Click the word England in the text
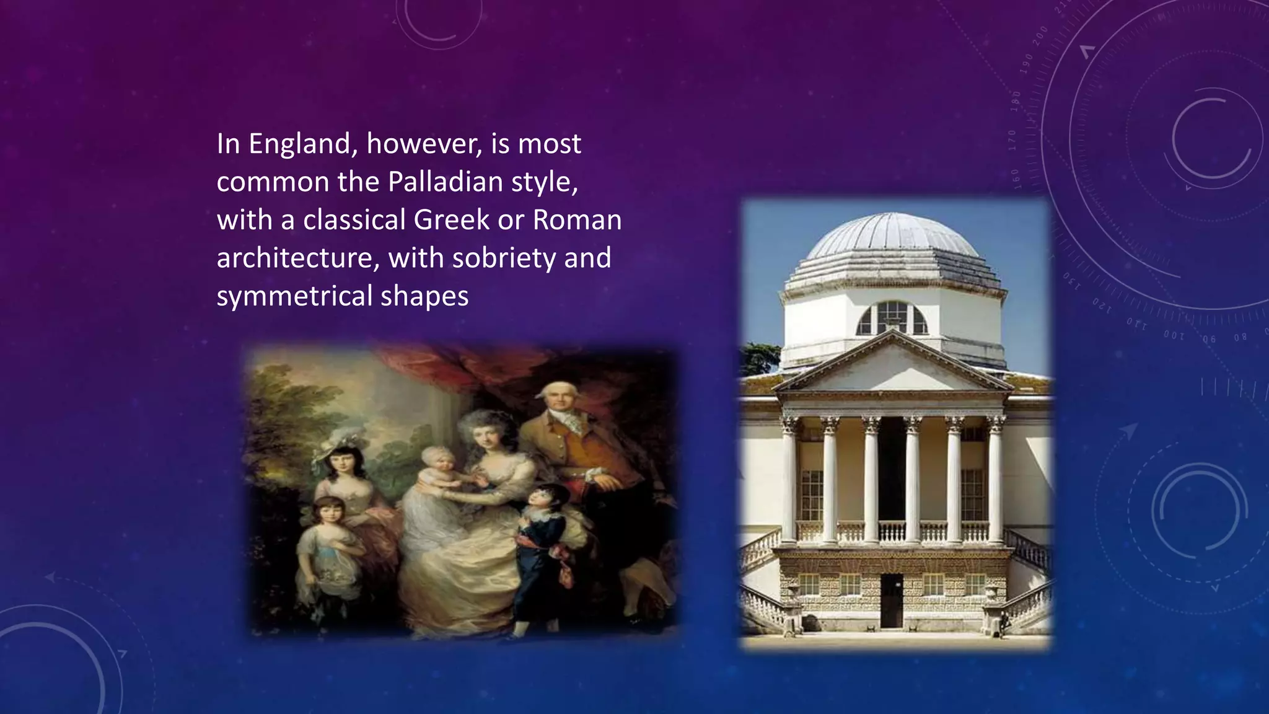(300, 144)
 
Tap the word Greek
(451, 220)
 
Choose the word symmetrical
(294, 296)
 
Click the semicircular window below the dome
(892, 318)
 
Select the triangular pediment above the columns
(892, 366)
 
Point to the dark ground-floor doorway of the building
(891, 600)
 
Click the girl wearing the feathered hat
(342, 462)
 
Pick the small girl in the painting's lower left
(327, 545)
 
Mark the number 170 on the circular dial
(1012, 141)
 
